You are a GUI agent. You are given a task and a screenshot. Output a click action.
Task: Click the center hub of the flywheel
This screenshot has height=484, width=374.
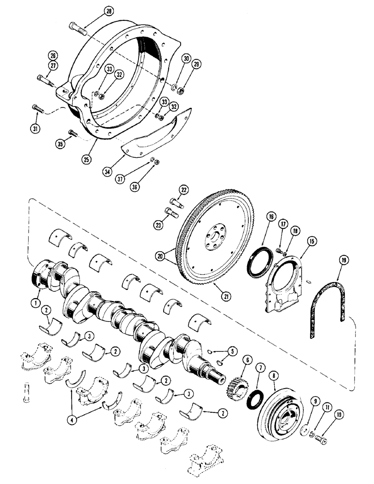tap(214, 241)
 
